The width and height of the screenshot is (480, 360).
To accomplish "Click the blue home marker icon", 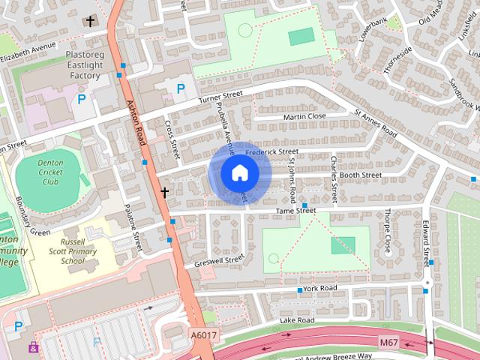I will pos(239,172).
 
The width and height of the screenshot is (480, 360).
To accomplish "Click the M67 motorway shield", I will pos(388,343).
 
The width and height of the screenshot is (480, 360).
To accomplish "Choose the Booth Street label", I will pos(361,175).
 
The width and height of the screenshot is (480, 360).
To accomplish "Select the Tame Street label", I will pos(295,211).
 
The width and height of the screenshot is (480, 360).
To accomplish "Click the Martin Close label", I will pos(304,117).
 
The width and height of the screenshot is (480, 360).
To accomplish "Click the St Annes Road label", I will pos(375,122).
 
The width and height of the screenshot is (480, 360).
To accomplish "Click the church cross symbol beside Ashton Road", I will pos(165,193).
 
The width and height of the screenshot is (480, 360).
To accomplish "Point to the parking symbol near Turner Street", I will pos(180,89).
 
